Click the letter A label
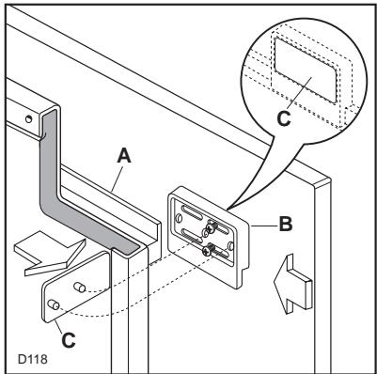pos(124,156)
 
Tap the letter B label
pos(286,224)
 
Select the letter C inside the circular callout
pos(284,119)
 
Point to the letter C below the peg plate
pos(69,340)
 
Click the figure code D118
pos(33,359)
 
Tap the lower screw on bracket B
pos(209,250)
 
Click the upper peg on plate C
pos(80,287)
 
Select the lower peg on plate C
pos(54,304)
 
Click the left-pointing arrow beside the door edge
pos(292,284)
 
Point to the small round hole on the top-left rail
pos(29,119)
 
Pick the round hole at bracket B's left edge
pos(179,218)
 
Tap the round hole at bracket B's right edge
pos(230,246)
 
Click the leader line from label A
pos(117,178)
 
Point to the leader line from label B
pos(264,226)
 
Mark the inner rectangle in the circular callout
pos(306,70)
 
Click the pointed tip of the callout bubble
pos(227,210)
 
